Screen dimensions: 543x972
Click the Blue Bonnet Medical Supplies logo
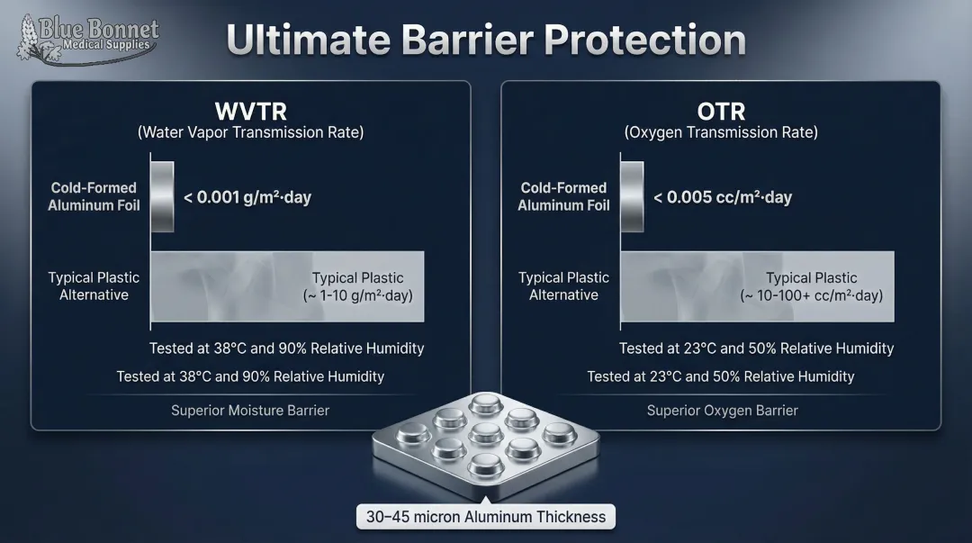[87, 37]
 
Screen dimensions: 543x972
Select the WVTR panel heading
[250, 112]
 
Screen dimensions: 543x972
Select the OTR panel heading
[721, 112]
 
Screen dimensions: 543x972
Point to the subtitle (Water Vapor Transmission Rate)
[250, 132]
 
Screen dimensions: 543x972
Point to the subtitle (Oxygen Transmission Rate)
[721, 132]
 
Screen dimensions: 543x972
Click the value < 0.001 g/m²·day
[247, 197]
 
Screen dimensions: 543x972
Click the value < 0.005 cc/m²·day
[723, 197]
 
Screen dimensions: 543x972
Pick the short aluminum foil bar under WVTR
[162, 196]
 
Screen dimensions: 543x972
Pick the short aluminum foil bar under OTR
[632, 196]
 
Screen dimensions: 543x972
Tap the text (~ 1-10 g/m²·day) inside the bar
[357, 295]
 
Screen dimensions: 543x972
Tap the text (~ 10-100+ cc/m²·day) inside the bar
[811, 295]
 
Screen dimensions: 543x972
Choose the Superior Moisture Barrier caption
[250, 411]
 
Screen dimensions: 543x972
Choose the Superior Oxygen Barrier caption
[722, 411]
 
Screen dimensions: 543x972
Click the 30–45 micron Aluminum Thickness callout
[487, 517]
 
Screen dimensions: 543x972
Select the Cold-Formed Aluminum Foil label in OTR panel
[563, 196]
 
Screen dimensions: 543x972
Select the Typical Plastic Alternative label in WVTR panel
[94, 286]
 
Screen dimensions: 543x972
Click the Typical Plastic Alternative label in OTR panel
[563, 286]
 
